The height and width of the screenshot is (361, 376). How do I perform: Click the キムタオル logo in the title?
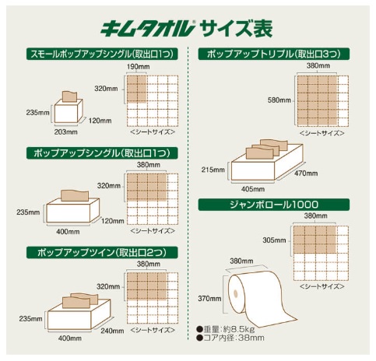pyautogui.click(x=147, y=28)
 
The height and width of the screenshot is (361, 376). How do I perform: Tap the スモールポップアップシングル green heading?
pyautogui.click(x=102, y=54)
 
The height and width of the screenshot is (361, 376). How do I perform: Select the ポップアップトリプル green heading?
pyautogui.click(x=274, y=54)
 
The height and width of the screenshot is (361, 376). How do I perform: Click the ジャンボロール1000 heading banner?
pyautogui.click(x=274, y=205)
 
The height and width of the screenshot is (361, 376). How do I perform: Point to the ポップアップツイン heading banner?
pyautogui.click(x=102, y=252)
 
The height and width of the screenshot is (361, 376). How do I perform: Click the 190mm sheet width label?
pyautogui.click(x=138, y=67)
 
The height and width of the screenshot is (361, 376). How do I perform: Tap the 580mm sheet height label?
pyautogui.click(x=279, y=100)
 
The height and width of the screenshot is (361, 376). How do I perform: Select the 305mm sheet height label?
pyautogui.click(x=274, y=240)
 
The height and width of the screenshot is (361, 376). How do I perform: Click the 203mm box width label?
pyautogui.click(x=65, y=132)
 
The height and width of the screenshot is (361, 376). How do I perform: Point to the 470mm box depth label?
pyautogui.click(x=306, y=173)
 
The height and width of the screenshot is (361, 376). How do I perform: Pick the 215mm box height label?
pyautogui.click(x=213, y=170)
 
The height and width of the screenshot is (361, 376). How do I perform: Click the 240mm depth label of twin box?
pyautogui.click(x=112, y=331)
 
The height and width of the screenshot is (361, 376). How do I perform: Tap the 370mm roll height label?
pyautogui.click(x=209, y=299)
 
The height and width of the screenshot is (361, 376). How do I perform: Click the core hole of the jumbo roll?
pyautogui.click(x=236, y=293)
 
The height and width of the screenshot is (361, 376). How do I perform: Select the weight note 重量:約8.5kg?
pyautogui.click(x=226, y=330)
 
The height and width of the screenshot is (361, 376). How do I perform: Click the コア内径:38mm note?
pyautogui.click(x=230, y=338)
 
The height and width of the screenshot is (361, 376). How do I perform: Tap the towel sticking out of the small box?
pyautogui.click(x=69, y=96)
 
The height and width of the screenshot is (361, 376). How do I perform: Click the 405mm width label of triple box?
pyautogui.click(x=253, y=189)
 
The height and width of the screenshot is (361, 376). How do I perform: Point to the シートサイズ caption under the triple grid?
pyautogui.click(x=322, y=133)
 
